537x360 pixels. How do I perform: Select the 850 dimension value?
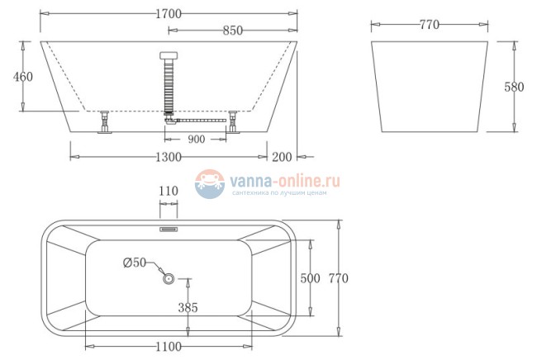pos(233,31)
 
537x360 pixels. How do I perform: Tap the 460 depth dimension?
pos(23,77)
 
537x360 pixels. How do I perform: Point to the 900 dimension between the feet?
pos(196,139)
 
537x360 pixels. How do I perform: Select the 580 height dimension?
pos(513,86)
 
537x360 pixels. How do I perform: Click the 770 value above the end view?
pos(428,25)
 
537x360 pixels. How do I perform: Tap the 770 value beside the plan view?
pos(339,278)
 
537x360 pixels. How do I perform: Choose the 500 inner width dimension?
pos(310,278)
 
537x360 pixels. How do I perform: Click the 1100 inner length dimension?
pos(168,347)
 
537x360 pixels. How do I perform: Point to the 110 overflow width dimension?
pos(168,192)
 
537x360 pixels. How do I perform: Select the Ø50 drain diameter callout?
pos(134,263)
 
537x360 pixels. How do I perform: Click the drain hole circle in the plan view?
pos(169,278)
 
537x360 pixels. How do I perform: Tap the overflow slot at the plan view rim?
pos(169,222)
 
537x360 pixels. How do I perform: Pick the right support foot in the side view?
pos(235,123)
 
